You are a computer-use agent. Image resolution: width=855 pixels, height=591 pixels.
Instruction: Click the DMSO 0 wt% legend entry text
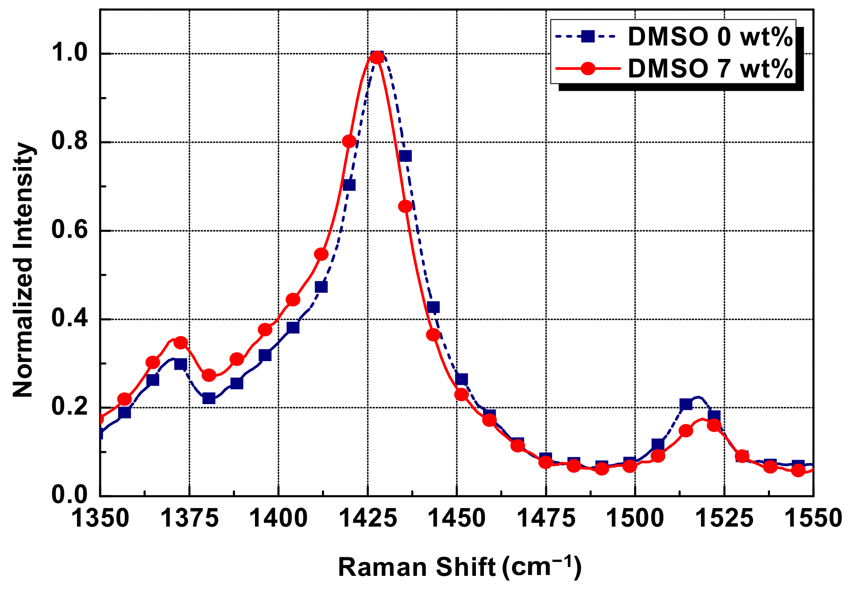point(710,37)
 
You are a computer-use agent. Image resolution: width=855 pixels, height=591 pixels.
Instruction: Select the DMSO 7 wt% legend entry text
point(710,68)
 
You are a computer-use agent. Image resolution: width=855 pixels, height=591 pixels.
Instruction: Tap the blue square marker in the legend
point(588,36)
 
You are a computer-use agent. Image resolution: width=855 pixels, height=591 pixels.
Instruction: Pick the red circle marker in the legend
point(588,68)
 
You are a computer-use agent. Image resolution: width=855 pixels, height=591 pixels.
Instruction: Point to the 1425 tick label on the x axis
point(368,518)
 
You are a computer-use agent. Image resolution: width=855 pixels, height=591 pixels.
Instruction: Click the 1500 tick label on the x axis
point(635,518)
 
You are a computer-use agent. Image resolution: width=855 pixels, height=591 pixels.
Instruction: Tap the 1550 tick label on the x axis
point(813,518)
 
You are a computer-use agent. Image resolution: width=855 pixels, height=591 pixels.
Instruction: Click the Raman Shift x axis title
point(459,567)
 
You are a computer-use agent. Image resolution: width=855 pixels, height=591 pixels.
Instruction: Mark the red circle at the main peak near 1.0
point(377,57)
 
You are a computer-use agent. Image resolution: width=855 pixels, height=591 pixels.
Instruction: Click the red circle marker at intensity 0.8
point(349,141)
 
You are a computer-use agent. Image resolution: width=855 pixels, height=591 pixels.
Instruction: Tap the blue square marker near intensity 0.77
point(405,156)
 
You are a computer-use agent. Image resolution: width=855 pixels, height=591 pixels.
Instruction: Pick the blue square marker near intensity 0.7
point(349,185)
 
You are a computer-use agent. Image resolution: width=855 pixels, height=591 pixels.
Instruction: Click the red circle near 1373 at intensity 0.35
point(181,343)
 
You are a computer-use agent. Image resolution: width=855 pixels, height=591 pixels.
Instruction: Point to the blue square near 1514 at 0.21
point(686,405)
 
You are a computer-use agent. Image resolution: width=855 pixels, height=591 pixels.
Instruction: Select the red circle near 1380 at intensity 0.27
point(209,375)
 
